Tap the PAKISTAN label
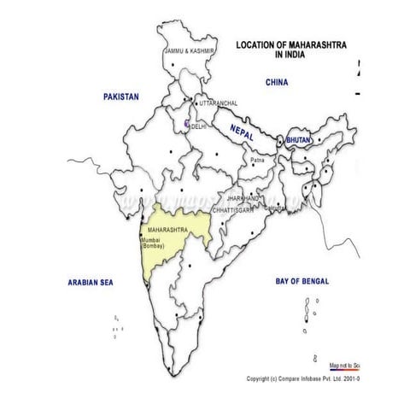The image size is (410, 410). [120, 97]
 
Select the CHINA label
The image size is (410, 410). [278, 83]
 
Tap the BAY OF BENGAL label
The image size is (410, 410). [302, 281]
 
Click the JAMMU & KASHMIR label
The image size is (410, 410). [188, 50]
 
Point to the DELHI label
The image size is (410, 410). [199, 126]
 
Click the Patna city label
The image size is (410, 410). [258, 161]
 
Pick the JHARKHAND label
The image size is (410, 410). [243, 197]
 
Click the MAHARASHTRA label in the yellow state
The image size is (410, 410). [167, 231]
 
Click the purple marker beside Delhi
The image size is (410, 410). [185, 125]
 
